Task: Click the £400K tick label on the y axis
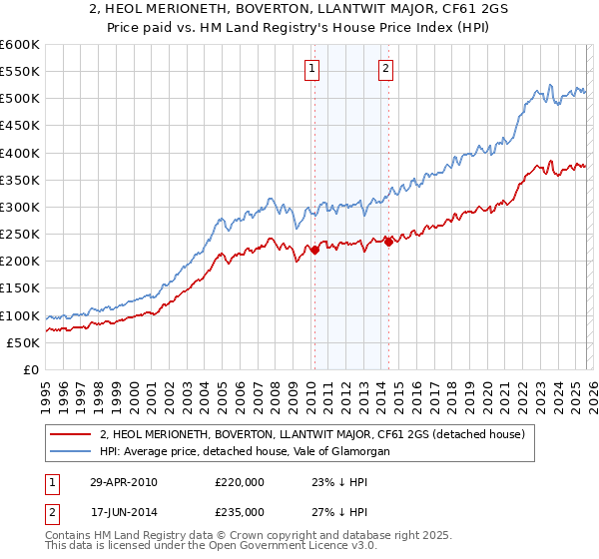pos(20,153)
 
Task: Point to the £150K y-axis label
pos(20,288)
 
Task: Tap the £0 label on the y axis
pos(30,370)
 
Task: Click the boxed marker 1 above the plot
pos(312,69)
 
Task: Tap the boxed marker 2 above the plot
pos(385,69)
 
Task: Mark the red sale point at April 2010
pos(314,251)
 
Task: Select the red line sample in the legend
pos(73,434)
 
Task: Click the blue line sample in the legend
pos(73,452)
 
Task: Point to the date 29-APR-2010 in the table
pos(124,481)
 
